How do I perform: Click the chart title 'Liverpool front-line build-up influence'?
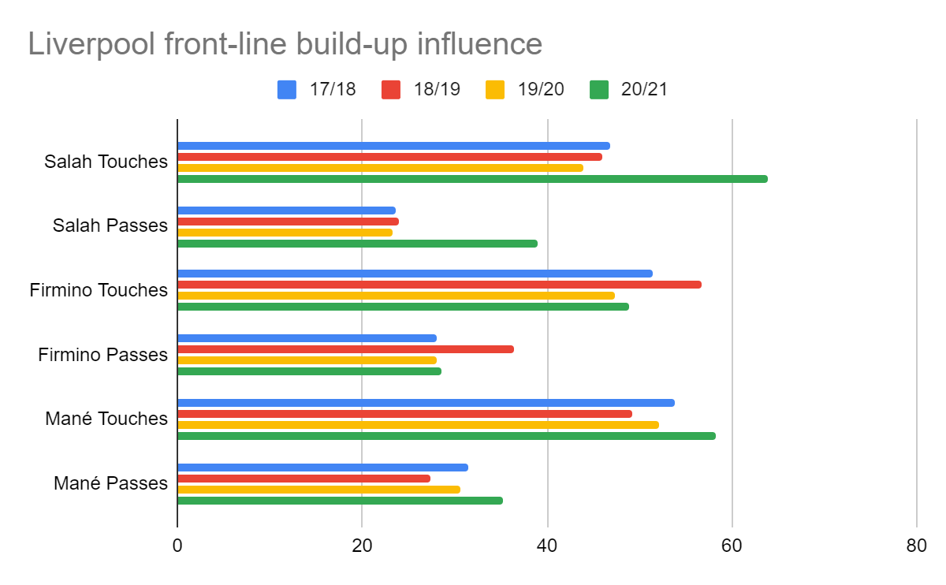[x=285, y=44]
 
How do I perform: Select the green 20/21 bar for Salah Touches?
[x=472, y=179]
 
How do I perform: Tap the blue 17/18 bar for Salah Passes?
[x=286, y=211]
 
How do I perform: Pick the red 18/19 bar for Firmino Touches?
[x=439, y=285]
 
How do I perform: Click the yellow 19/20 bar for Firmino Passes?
[x=307, y=360]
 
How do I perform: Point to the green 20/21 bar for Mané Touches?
[x=446, y=436]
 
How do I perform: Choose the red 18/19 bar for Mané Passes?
[x=304, y=479]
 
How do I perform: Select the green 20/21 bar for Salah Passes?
[x=357, y=244]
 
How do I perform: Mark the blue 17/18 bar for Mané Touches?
[x=426, y=403]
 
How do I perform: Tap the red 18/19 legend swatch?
[x=391, y=89]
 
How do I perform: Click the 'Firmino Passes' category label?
[x=102, y=355]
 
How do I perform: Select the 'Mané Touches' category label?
[x=106, y=419]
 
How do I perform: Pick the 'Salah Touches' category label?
[x=106, y=162]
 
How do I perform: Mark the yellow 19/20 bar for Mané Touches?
[x=418, y=425]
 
